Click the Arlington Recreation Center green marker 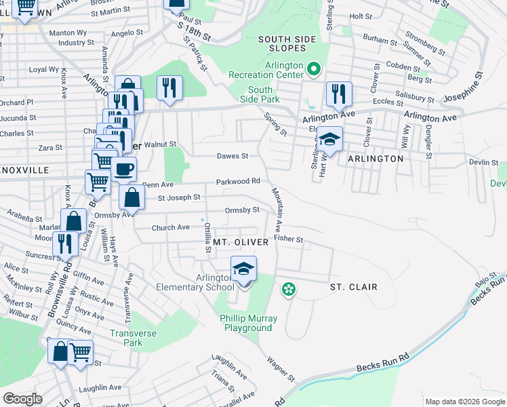(314, 69)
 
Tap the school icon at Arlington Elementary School (243, 269)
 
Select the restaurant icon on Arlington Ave (338, 94)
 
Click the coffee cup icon (123, 170)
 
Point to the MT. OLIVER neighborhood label (241, 241)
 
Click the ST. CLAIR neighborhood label (353, 287)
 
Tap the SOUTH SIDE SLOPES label (287, 44)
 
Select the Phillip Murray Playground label (248, 323)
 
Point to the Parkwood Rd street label (239, 181)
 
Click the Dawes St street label (232, 156)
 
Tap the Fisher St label (288, 239)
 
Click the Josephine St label (468, 85)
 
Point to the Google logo (23, 399)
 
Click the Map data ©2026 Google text (464, 402)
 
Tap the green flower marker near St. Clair (289, 290)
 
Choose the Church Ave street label (171, 227)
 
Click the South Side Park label (260, 95)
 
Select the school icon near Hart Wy (330, 139)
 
